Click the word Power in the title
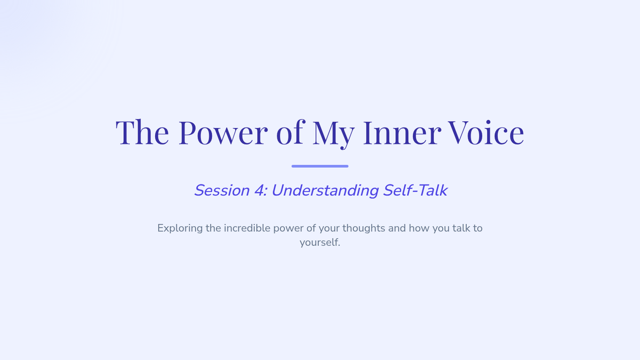223,133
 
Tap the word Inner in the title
402,133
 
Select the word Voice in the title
486,133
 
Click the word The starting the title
142,132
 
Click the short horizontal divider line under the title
320,166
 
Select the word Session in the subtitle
222,190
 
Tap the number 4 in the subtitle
260,190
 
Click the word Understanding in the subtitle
325,190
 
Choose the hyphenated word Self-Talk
415,190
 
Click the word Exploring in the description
180,229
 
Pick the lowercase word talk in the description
461,228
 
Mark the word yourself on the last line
320,243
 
